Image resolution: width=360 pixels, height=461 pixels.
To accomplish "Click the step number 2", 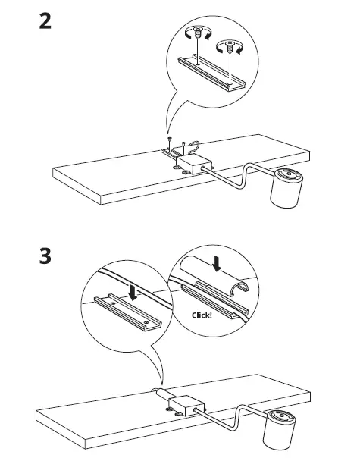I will [45, 20].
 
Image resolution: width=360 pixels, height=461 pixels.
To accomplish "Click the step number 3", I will [45, 256].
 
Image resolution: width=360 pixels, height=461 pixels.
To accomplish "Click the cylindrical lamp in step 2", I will [289, 190].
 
